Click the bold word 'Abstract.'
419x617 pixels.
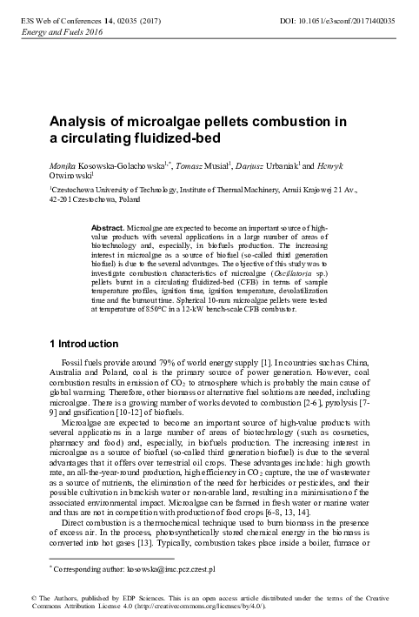pyautogui.click(x=110, y=227)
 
